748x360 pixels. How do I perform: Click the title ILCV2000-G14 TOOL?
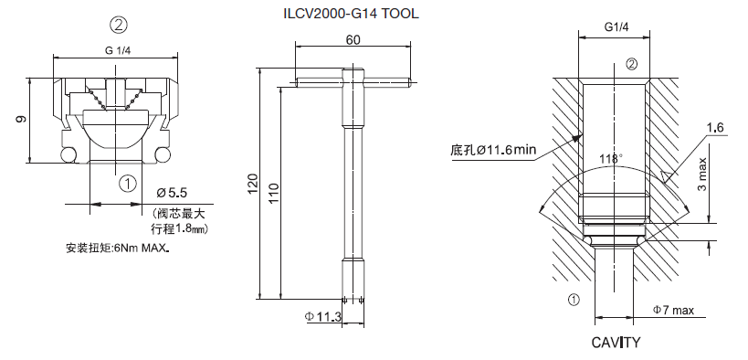[351, 14]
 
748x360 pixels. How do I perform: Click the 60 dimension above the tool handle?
[353, 40]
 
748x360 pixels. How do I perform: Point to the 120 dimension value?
[252, 185]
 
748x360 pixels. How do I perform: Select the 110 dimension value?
[274, 194]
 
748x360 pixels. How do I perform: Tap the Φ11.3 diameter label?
[322, 316]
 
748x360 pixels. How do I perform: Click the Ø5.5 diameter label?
[173, 193]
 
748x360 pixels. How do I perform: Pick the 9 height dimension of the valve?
[21, 119]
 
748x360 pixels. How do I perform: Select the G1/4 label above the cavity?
[616, 27]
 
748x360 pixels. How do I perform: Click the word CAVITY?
[616, 343]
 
